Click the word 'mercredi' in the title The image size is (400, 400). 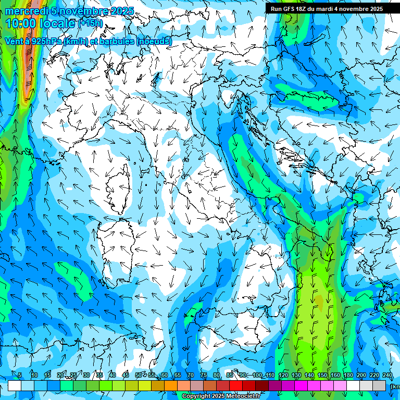pos(26,11)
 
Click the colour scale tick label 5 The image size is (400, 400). pos(20,376)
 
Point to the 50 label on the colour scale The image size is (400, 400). pos(138,376)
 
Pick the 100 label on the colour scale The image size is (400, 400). pos(257,376)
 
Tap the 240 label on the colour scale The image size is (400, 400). pos(387,376)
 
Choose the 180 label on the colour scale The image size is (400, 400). pos(348,376)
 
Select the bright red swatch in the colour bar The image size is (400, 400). pos(236,385)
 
